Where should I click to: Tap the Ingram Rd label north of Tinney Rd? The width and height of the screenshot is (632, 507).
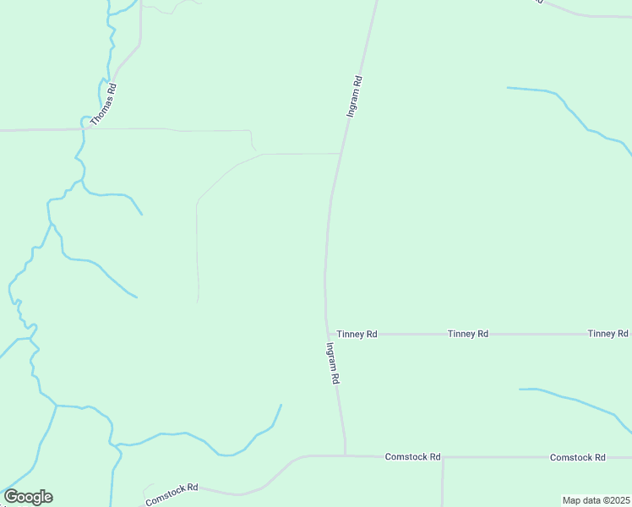pos(355,97)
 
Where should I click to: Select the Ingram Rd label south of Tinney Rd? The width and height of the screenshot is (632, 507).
pos(331,363)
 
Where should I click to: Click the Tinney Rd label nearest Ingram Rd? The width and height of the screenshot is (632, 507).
pos(357,335)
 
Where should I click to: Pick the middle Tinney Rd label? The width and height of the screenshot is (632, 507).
pos(468,335)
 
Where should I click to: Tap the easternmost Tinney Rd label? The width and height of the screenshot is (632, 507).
pos(608,334)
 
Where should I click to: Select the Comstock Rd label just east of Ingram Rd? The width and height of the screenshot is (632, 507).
pos(413,457)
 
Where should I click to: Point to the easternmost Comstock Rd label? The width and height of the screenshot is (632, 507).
pos(578,457)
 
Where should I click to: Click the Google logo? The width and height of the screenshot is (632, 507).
pos(28,497)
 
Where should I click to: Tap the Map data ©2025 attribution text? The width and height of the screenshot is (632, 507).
pos(597,500)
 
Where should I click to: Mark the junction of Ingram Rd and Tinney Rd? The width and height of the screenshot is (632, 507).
pos(327,334)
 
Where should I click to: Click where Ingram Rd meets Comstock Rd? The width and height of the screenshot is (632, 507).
pos(346,455)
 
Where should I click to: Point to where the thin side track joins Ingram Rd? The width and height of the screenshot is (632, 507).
pos(341,154)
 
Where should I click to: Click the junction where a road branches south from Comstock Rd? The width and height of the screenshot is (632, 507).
pos(443,458)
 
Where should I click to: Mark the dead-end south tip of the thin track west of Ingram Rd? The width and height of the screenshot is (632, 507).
pos(198,301)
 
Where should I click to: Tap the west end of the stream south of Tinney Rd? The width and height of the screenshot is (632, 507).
pos(520,389)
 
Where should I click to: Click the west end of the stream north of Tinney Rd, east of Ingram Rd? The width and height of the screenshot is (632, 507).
pos(508,87)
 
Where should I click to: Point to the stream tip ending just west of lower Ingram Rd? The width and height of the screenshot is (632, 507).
pos(281,405)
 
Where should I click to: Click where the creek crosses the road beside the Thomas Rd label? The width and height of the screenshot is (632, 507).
pos(84,129)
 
